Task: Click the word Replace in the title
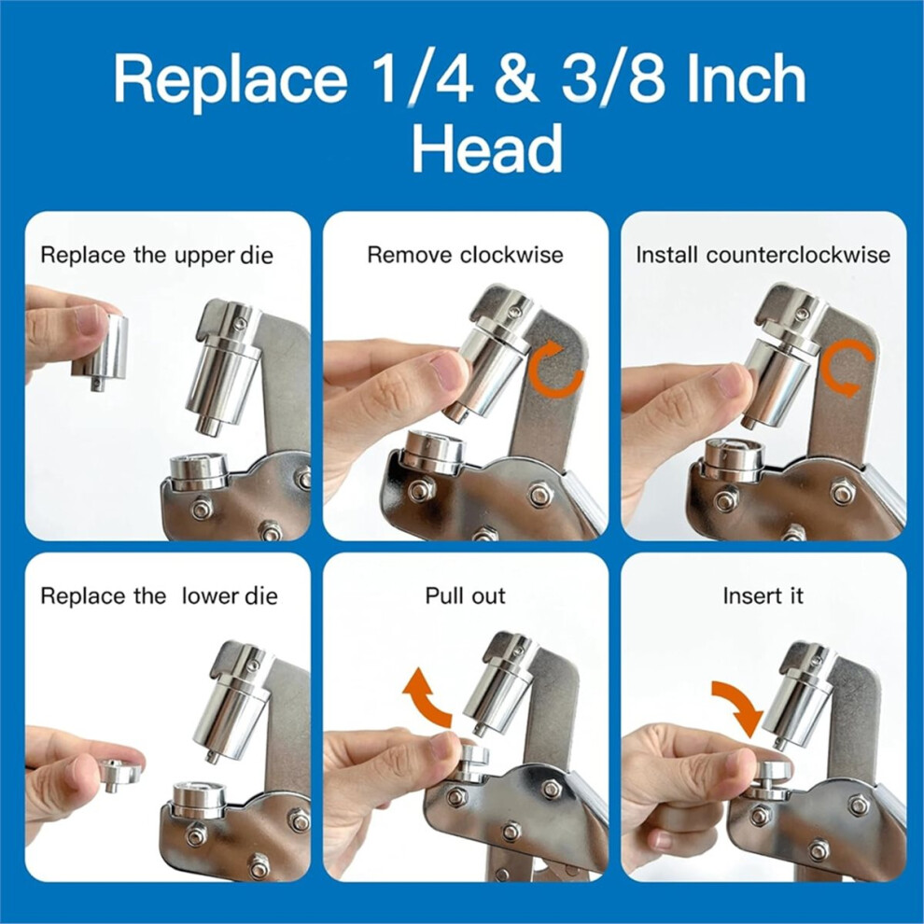(x=230, y=80)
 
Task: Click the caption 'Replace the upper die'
(x=157, y=256)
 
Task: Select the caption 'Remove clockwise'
(x=465, y=255)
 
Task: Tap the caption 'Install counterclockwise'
(x=763, y=255)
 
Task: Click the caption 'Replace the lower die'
(x=159, y=595)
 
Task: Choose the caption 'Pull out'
(x=466, y=595)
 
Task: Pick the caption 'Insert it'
(x=763, y=595)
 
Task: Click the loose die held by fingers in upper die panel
(x=100, y=350)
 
